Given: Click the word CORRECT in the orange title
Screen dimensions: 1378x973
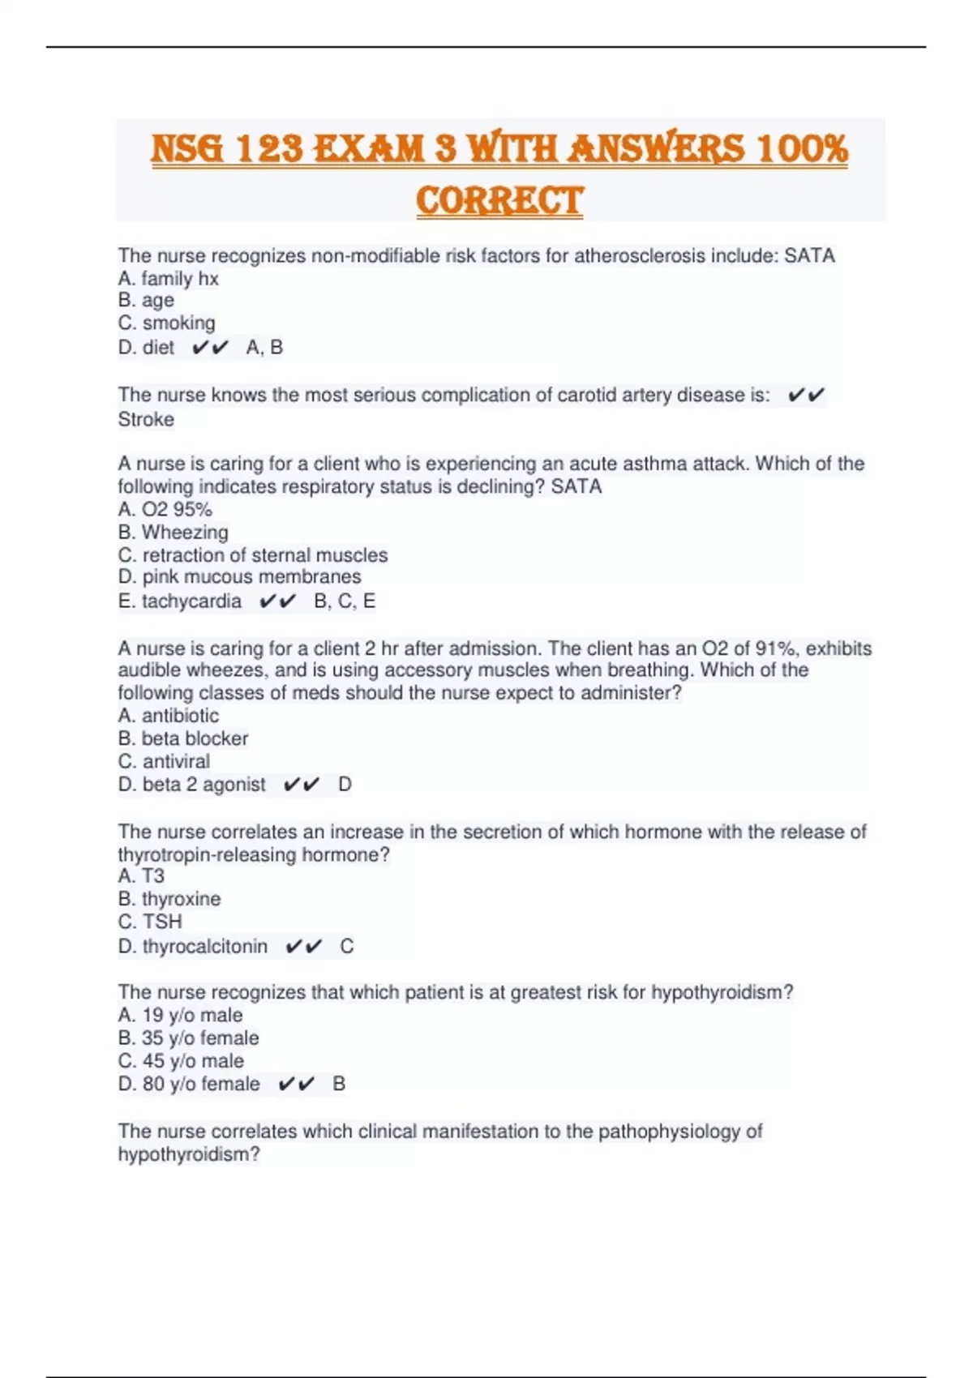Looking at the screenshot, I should (x=499, y=200).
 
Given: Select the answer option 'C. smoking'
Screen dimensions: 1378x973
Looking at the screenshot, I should (x=167, y=323).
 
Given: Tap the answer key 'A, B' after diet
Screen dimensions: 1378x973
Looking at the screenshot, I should (x=264, y=348).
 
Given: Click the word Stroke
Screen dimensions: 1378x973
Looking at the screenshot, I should (x=146, y=419).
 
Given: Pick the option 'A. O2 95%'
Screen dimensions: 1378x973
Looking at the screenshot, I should (x=165, y=509).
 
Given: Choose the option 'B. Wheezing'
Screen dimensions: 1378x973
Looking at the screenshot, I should (x=174, y=532).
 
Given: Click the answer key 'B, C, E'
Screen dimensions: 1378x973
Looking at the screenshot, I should (x=345, y=601).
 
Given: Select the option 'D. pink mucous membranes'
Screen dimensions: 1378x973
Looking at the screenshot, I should (x=240, y=576).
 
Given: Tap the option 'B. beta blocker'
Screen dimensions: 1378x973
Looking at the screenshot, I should (x=183, y=738).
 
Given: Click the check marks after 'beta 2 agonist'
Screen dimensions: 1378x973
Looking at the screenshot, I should (x=302, y=785).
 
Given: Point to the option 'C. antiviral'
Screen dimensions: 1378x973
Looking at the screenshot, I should (x=164, y=761).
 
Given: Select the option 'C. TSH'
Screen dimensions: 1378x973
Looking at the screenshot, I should (x=150, y=922).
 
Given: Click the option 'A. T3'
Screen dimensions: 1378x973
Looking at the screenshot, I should (x=141, y=876).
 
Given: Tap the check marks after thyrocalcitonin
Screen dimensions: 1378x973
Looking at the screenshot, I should (x=304, y=947).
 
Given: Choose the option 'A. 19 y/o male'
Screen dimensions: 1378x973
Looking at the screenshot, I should (x=180, y=1015).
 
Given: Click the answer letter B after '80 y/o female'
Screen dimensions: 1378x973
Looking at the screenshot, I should (x=339, y=1084).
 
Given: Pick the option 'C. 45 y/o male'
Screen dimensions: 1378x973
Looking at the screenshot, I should (x=181, y=1061).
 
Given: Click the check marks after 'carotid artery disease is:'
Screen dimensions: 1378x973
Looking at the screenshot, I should (x=806, y=396).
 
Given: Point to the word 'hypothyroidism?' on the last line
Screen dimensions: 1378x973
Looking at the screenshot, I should (x=189, y=1154).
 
